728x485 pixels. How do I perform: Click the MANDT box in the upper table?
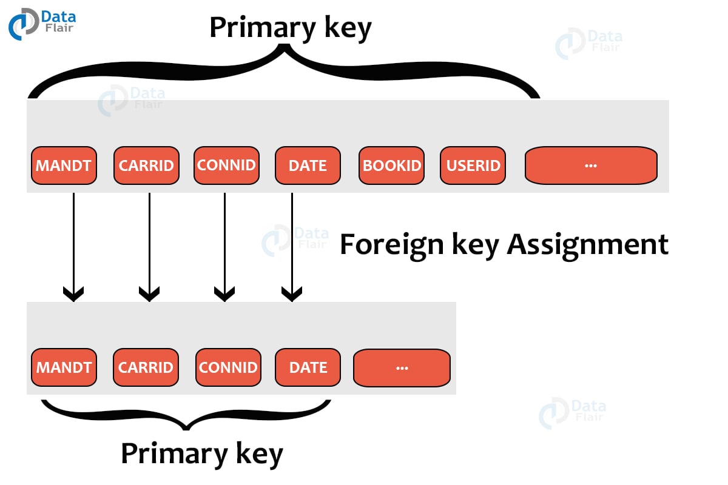coord(64,166)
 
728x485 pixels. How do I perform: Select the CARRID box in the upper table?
coord(146,166)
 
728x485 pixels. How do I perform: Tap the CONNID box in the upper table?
coord(226,166)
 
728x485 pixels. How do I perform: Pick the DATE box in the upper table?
coord(308,166)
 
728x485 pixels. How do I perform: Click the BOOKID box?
coord(391,166)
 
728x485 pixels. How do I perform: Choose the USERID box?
coord(473,166)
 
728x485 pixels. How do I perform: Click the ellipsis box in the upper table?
coord(590,166)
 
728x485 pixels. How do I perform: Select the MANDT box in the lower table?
coord(64,367)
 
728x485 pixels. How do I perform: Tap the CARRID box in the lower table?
coord(146,367)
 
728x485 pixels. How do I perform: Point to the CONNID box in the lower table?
coord(228,367)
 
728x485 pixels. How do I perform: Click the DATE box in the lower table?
coord(308,367)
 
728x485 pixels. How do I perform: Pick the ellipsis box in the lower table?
coord(401,367)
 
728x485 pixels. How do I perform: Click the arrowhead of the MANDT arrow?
coord(73,295)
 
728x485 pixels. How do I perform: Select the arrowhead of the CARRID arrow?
coord(149,295)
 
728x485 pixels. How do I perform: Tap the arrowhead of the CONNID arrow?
coord(224,295)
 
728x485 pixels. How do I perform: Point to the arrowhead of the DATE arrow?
coord(292,295)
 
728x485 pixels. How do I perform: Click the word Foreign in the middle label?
coord(386,245)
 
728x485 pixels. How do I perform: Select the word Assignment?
coord(587,245)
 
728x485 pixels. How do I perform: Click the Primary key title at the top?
coord(290,28)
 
